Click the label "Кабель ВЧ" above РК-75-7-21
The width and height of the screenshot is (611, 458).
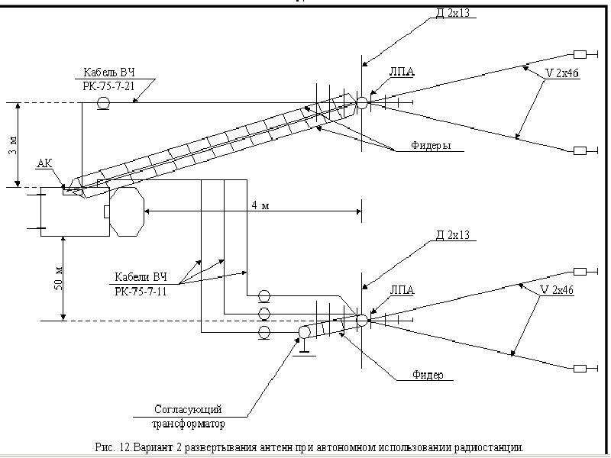[109, 73]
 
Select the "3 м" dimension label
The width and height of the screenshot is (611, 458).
[12, 146]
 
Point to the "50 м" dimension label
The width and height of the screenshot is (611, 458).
[59, 279]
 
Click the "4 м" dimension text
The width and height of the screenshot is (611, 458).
[260, 205]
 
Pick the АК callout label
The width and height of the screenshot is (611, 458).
[44, 163]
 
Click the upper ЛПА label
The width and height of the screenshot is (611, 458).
[402, 72]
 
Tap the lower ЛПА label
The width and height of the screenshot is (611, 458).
[402, 290]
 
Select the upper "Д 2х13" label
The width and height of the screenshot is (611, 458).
[452, 13]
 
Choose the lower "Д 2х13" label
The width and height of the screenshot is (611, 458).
[452, 235]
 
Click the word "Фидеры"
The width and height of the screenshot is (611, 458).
[431, 146]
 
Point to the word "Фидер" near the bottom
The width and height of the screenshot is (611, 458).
[428, 375]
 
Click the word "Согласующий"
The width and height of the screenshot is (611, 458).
[188, 409]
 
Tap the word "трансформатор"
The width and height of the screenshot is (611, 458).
[188, 424]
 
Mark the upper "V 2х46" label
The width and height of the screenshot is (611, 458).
[562, 73]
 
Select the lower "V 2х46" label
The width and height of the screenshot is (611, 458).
[557, 290]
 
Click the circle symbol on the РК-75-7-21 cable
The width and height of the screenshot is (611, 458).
[103, 103]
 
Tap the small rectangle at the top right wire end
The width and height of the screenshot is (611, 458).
[580, 54]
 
